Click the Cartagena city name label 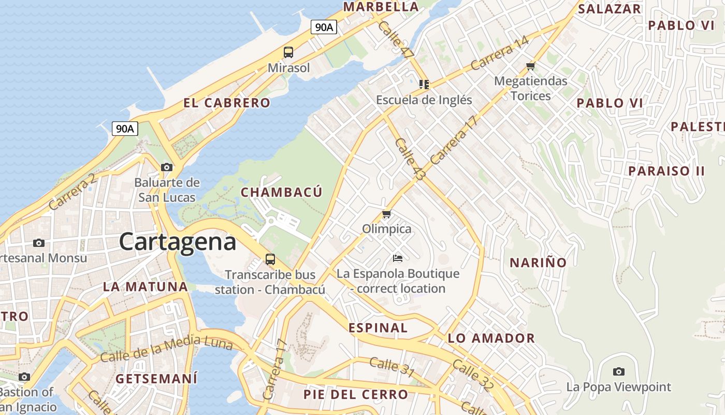178,242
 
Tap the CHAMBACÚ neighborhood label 282,192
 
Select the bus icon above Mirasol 288,52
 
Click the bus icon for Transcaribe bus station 270,259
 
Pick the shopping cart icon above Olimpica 386,214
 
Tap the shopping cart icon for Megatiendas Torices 530,66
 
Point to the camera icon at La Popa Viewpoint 618,371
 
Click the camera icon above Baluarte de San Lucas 166,167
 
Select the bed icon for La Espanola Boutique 397,258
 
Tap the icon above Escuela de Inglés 424,84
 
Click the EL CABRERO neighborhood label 227,103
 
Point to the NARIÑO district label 538,262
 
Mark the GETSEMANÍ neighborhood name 156,378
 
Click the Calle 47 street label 396,39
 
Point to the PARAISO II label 666,171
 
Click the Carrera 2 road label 72,192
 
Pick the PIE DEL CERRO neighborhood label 356,394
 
